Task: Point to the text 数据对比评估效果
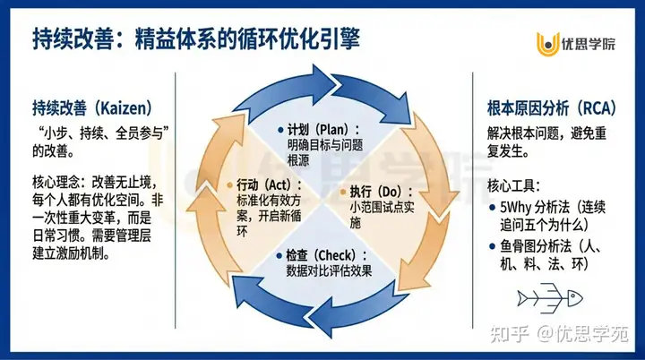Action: pyautogui.click(x=329, y=269)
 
